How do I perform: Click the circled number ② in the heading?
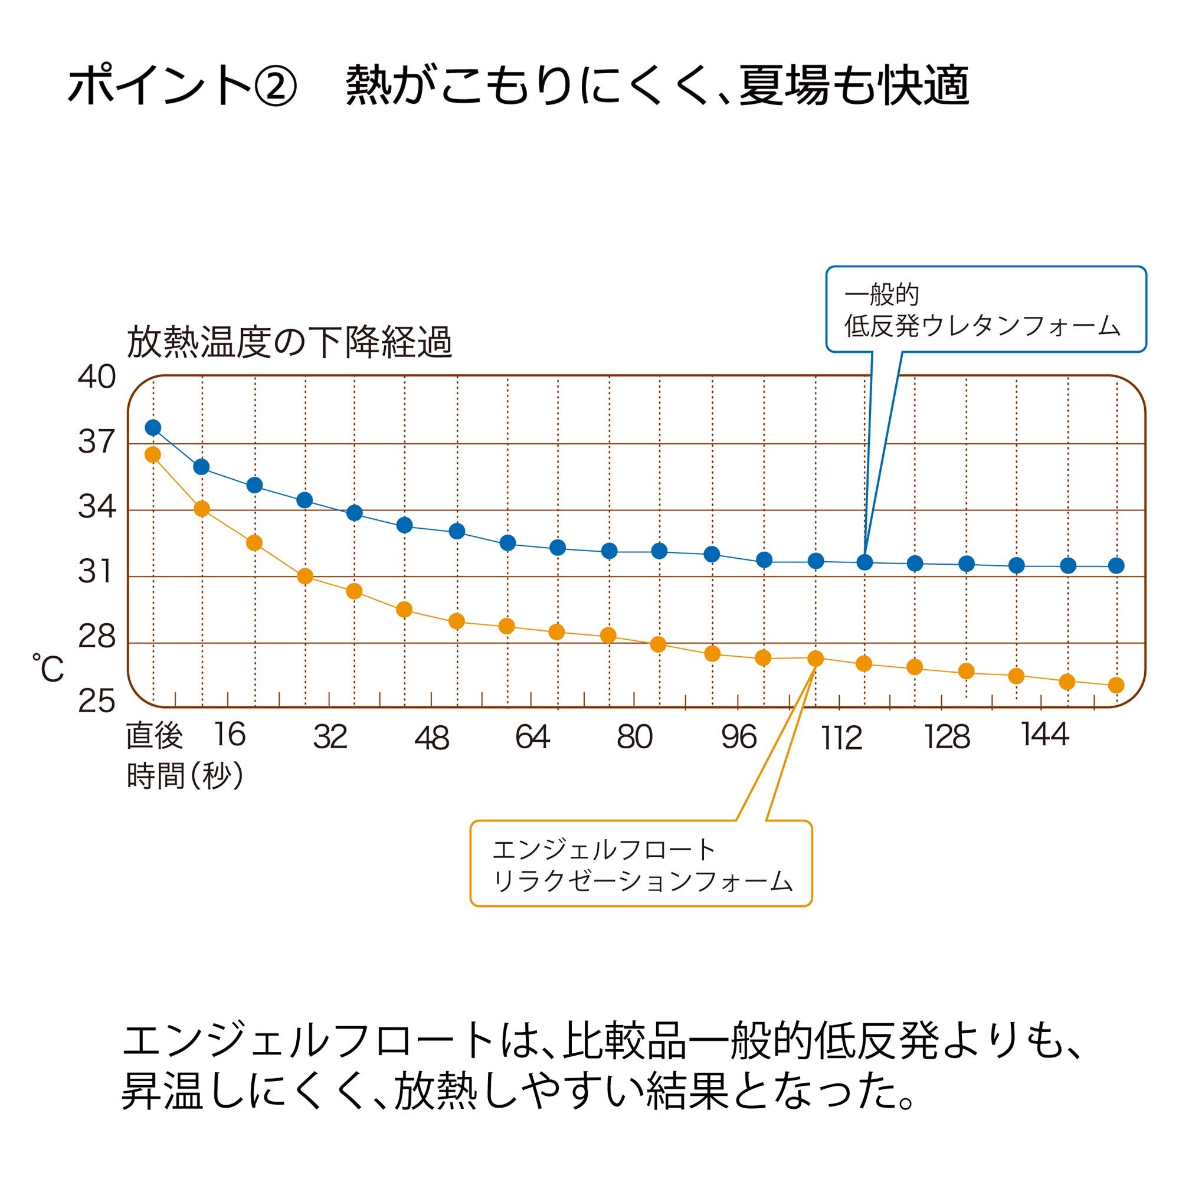[x=275, y=86]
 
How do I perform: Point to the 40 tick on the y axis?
[x=97, y=377]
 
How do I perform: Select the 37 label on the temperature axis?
[x=97, y=442]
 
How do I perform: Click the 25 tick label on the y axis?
[x=97, y=702]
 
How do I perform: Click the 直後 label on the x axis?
[x=154, y=735]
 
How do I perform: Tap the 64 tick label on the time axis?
[x=532, y=736]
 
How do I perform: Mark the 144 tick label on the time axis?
[x=1044, y=735]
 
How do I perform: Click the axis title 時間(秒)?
[x=185, y=775]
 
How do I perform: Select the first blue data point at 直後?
[x=153, y=428]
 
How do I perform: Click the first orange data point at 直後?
[x=152, y=455]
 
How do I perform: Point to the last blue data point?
[x=1116, y=565]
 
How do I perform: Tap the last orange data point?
[x=1116, y=685]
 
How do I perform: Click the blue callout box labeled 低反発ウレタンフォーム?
[x=985, y=310]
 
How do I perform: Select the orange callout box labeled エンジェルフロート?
[x=641, y=864]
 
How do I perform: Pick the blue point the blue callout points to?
[x=865, y=562]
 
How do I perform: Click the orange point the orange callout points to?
[x=816, y=659]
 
